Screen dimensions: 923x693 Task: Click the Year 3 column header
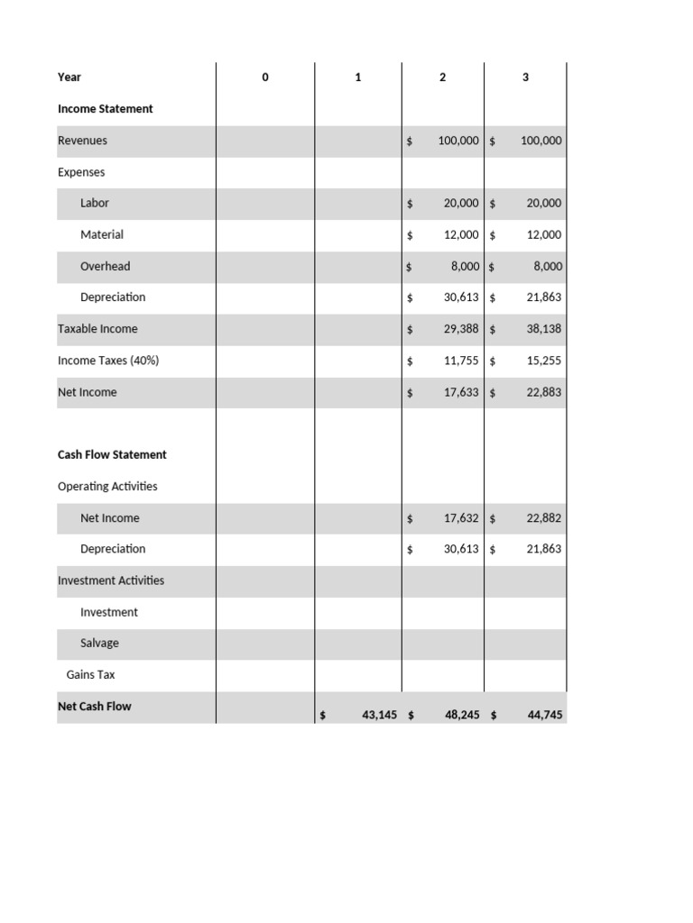click(x=525, y=78)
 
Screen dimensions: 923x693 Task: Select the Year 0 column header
click(x=265, y=78)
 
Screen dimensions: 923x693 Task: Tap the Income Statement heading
click(x=106, y=109)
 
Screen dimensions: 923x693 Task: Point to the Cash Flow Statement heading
click(x=112, y=455)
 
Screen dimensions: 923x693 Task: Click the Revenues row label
click(x=82, y=141)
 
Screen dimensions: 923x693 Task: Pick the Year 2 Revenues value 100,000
click(x=458, y=141)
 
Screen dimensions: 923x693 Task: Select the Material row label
click(x=102, y=234)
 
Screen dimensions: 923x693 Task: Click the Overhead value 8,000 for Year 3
click(x=547, y=267)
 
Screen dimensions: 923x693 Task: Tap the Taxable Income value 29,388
click(x=461, y=329)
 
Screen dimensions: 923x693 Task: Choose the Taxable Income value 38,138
click(x=544, y=329)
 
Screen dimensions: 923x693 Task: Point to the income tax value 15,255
click(x=544, y=361)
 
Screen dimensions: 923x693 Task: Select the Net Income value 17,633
click(x=461, y=392)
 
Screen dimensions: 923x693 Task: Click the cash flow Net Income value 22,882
click(x=544, y=518)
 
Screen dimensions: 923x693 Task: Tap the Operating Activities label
click(x=107, y=487)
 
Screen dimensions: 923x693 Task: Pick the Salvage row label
click(x=99, y=644)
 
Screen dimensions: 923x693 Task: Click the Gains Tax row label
click(x=90, y=675)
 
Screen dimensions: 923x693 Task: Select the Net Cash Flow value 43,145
click(x=379, y=715)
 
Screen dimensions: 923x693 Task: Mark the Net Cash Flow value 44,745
click(x=544, y=715)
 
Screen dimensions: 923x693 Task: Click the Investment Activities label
click(x=111, y=580)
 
